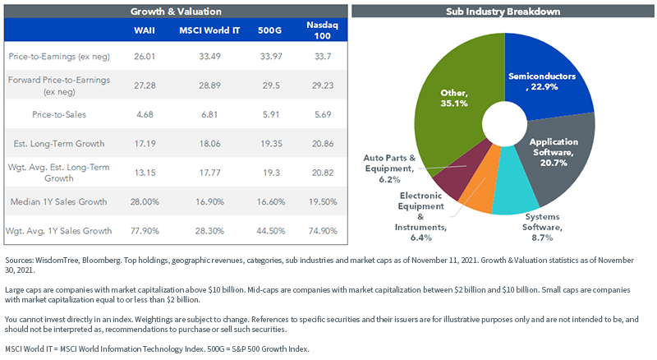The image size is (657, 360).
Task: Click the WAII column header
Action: click(x=145, y=30)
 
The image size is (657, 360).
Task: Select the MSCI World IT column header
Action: click(x=209, y=30)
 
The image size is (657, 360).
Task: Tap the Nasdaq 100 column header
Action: click(x=322, y=30)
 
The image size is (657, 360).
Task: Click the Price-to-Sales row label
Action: click(x=59, y=114)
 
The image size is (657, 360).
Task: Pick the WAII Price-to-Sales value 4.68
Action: click(x=145, y=114)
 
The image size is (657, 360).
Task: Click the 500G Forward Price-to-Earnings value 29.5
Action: click(x=271, y=85)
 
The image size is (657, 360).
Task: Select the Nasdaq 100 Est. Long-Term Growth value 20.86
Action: click(x=323, y=144)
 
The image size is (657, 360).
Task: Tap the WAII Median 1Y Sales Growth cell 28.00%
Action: click(x=145, y=202)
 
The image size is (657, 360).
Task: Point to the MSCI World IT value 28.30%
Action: click(x=209, y=231)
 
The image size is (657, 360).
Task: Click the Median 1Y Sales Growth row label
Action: click(x=58, y=202)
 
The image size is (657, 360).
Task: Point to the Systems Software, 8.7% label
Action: click(x=542, y=227)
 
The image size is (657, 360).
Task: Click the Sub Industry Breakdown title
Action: click(x=503, y=12)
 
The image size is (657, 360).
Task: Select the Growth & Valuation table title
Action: click(x=176, y=12)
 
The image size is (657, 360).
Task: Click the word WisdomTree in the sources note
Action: click(x=57, y=261)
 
